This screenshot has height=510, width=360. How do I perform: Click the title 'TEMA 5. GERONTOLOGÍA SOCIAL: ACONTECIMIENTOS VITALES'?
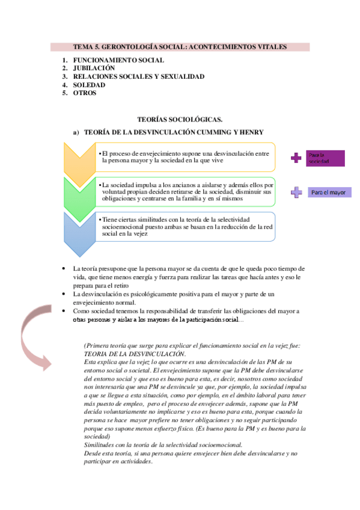click(180, 47)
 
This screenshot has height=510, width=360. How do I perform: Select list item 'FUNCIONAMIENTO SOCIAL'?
click(118, 61)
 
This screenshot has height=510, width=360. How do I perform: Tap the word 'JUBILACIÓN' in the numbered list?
click(94, 69)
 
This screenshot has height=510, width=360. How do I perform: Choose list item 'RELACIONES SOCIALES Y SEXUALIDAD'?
click(139, 77)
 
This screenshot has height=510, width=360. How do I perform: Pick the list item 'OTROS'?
click(85, 93)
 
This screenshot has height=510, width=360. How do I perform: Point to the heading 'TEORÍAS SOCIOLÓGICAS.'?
click(180, 120)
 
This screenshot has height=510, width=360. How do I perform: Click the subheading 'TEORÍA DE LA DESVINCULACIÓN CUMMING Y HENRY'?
click(174, 132)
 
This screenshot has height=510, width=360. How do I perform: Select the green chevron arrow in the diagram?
click(79, 195)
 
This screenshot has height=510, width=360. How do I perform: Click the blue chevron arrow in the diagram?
click(79, 231)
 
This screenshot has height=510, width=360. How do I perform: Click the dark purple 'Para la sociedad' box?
click(325, 158)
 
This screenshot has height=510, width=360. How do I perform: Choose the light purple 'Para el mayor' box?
click(329, 192)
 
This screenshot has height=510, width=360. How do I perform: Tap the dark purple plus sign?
click(296, 158)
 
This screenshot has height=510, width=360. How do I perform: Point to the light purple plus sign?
click(296, 192)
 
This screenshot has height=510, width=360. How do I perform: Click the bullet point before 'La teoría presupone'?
click(64, 268)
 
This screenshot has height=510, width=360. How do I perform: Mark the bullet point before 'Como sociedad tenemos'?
click(64, 311)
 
